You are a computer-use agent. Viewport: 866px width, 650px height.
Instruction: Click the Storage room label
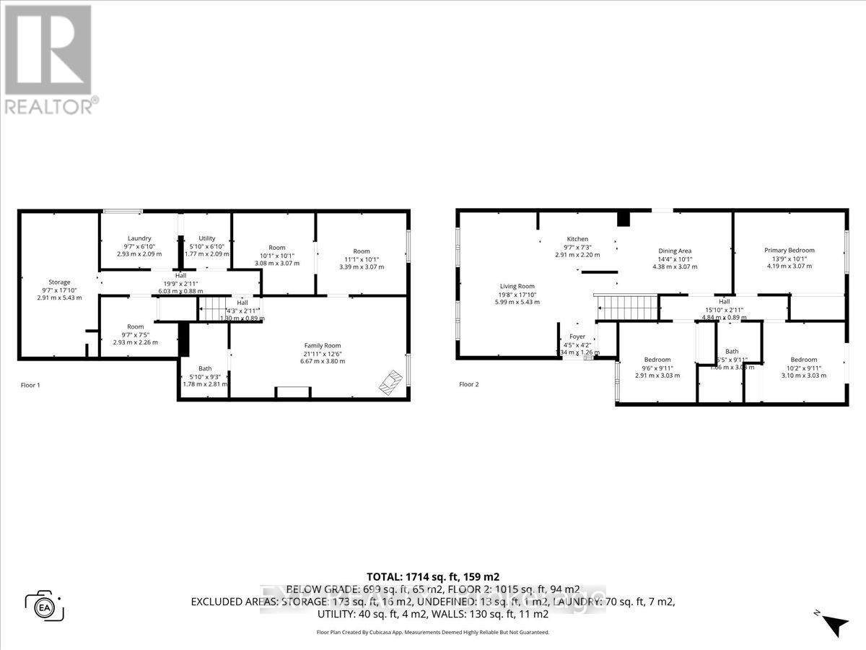pos(59,282)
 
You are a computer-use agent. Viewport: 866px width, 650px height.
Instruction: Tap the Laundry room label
pos(139,238)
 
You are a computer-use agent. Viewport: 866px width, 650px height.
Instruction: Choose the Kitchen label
pos(577,239)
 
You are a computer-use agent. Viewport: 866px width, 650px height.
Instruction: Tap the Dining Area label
pos(674,251)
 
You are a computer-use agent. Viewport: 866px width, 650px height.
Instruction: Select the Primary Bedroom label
pos(790,251)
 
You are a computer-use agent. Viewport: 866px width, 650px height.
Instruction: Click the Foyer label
pos(577,337)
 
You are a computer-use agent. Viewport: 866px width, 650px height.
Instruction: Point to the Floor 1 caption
pos(30,386)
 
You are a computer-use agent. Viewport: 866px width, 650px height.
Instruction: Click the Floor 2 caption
pos(469,384)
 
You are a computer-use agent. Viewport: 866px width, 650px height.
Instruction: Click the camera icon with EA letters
pos(45,605)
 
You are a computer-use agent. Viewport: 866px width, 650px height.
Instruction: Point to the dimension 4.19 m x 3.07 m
pos(790,266)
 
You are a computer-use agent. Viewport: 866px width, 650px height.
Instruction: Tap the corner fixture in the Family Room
pos(392,381)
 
